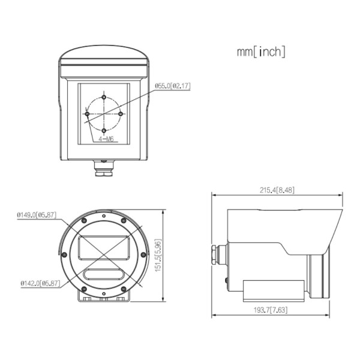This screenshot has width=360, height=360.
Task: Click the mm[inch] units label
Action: (x=261, y=52)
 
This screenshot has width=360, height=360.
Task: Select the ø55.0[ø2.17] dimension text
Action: (x=173, y=86)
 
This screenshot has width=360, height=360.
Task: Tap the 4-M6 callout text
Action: (x=106, y=139)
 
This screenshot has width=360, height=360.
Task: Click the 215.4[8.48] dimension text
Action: (x=277, y=190)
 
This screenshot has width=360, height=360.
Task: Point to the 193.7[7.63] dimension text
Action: (x=271, y=310)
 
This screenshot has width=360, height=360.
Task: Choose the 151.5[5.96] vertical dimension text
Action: (x=158, y=256)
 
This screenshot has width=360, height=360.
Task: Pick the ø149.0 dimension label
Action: (x=37, y=215)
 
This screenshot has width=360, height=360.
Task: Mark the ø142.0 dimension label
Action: (x=40, y=283)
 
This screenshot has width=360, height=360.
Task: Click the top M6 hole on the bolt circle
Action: (x=104, y=97)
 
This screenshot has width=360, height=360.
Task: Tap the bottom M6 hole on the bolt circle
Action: (x=104, y=131)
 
